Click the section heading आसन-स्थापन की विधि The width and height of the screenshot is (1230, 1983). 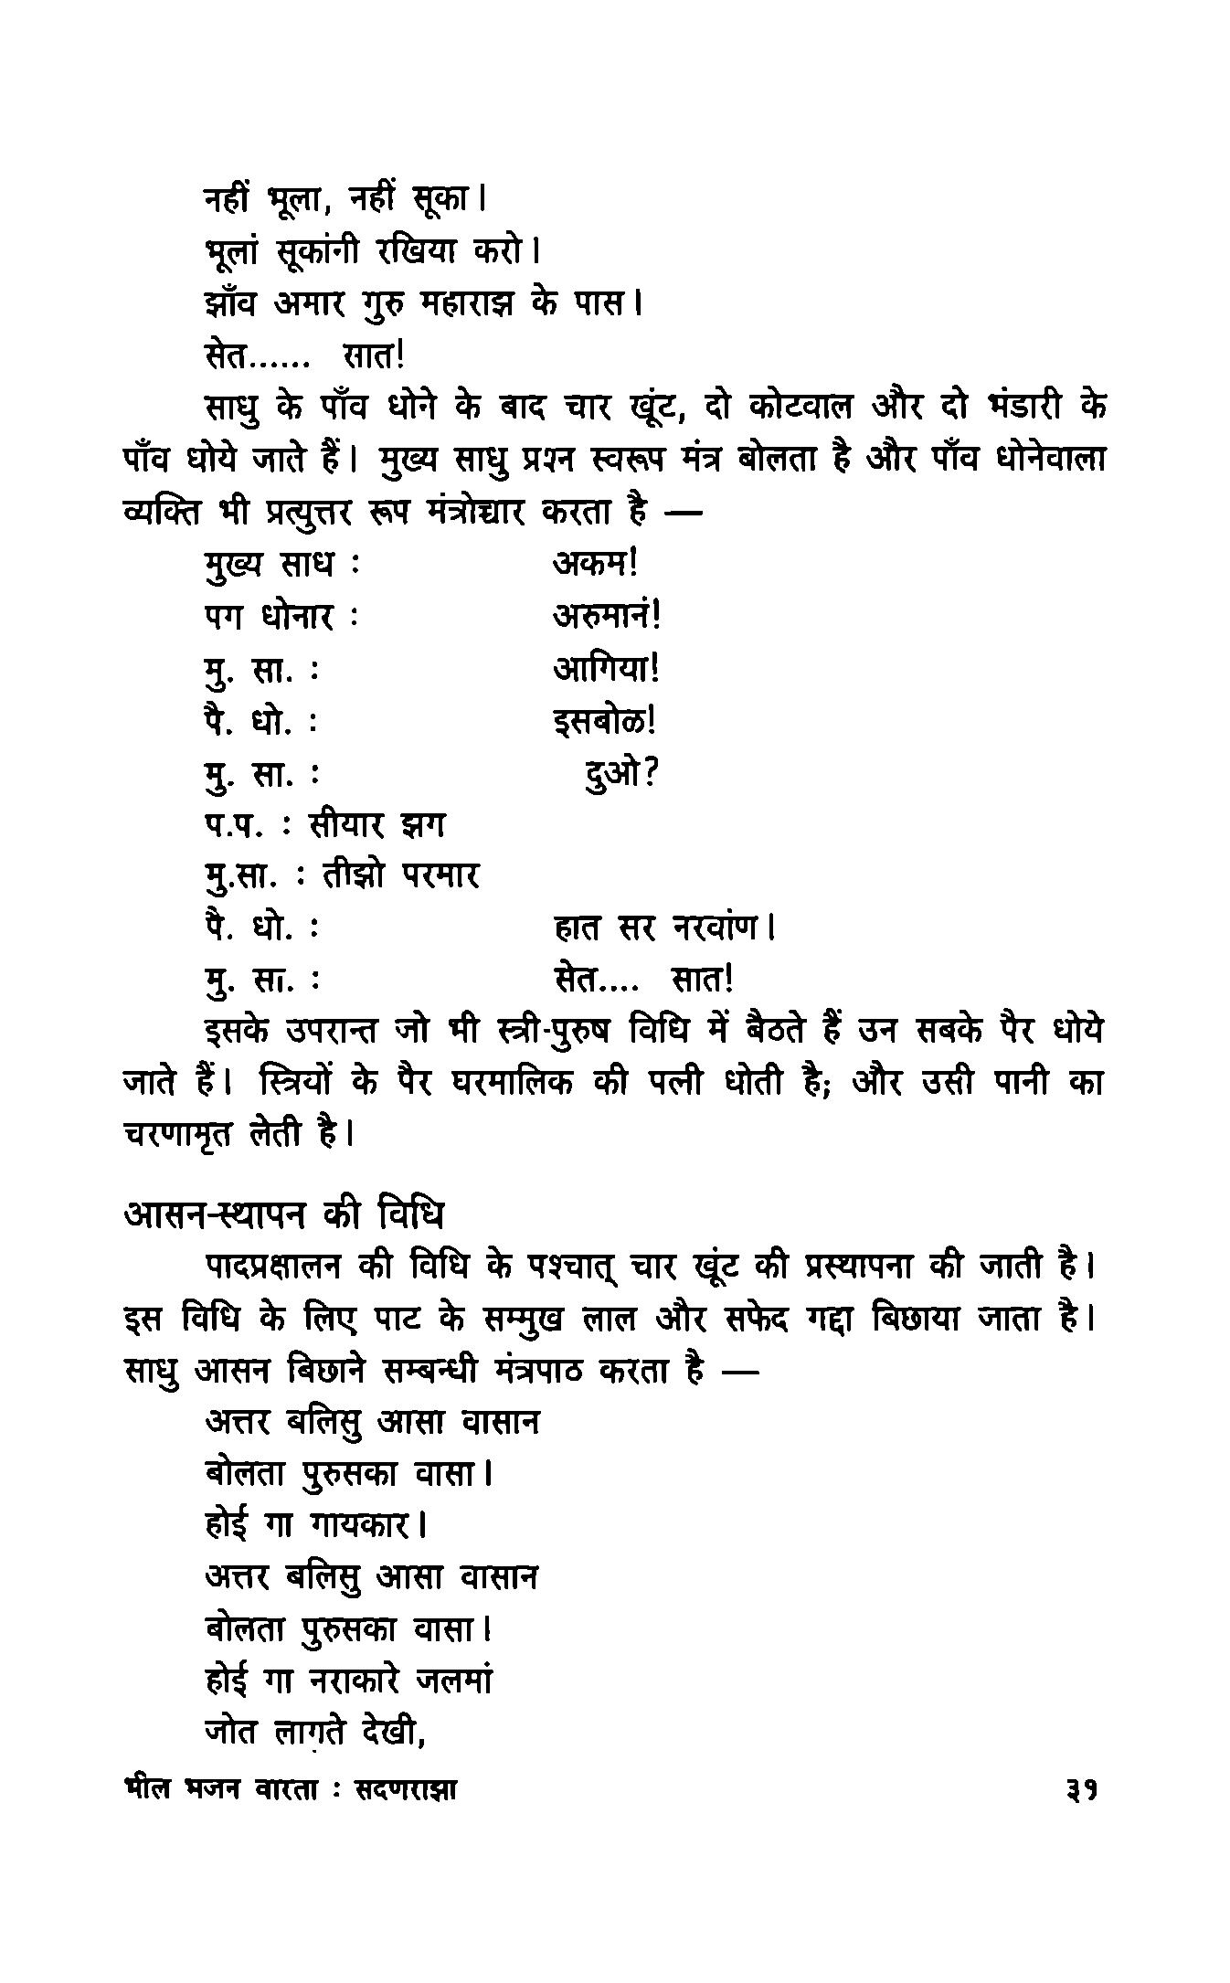[x=283, y=1216]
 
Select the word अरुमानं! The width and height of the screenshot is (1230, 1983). [x=607, y=616]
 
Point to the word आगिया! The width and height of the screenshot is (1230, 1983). [x=606, y=669]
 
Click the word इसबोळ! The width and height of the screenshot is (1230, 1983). [x=605, y=722]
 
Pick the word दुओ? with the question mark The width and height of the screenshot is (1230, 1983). [x=621, y=775]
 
